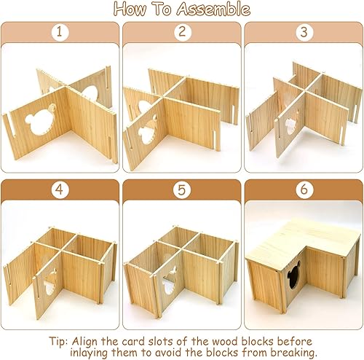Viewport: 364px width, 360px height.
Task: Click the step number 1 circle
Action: (x=60, y=32)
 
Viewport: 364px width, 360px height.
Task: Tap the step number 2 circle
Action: (x=181, y=32)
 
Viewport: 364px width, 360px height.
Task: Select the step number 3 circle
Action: (x=303, y=32)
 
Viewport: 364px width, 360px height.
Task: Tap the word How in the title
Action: (x=132, y=9)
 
